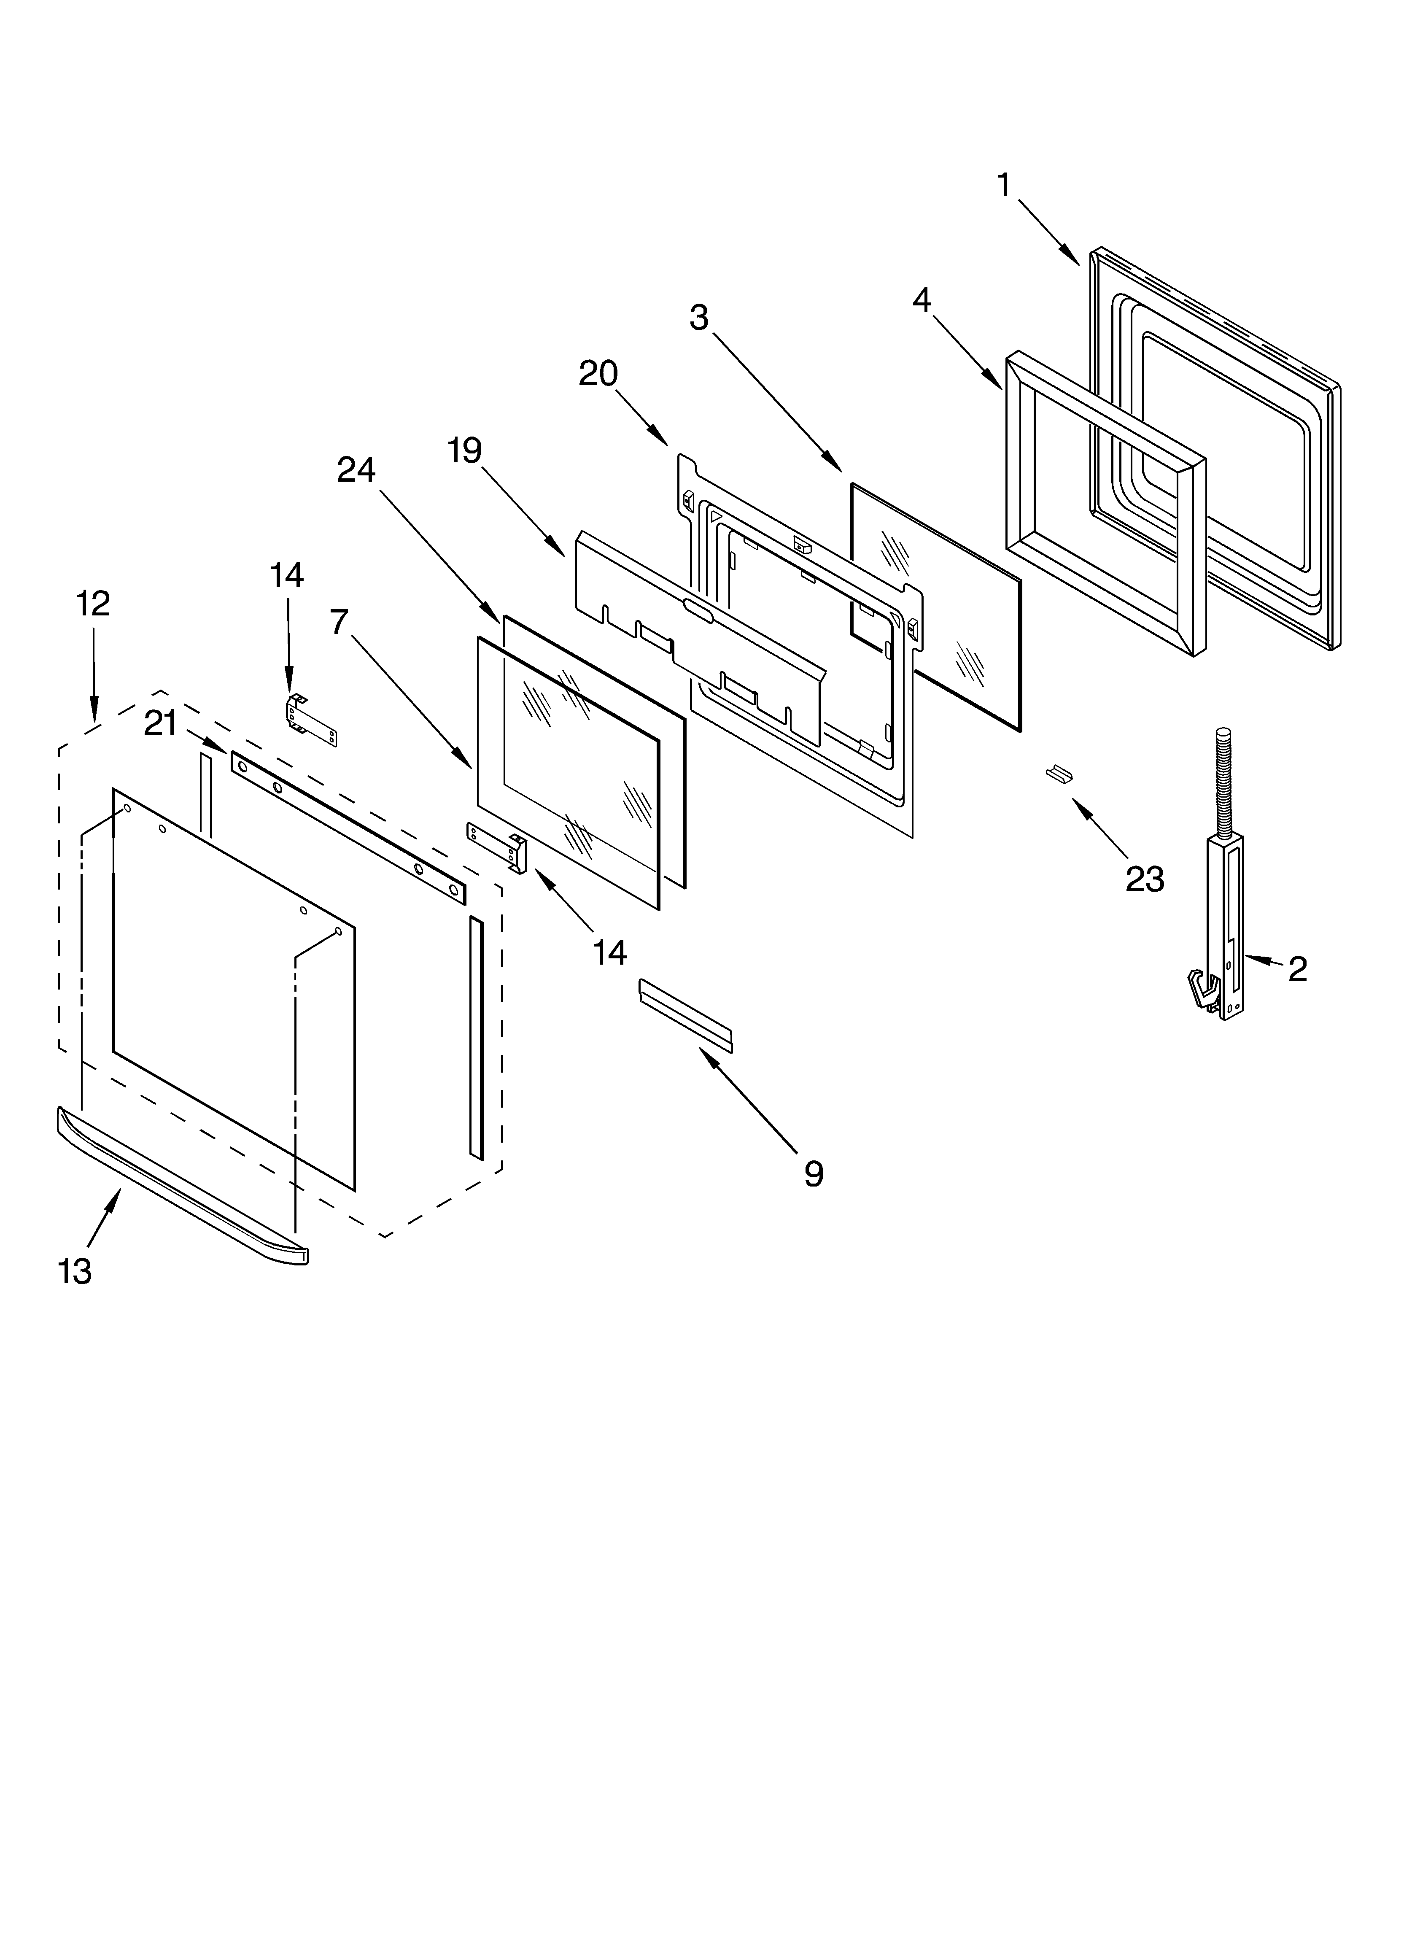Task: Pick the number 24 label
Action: (x=356, y=469)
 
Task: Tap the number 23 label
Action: (x=1145, y=879)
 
